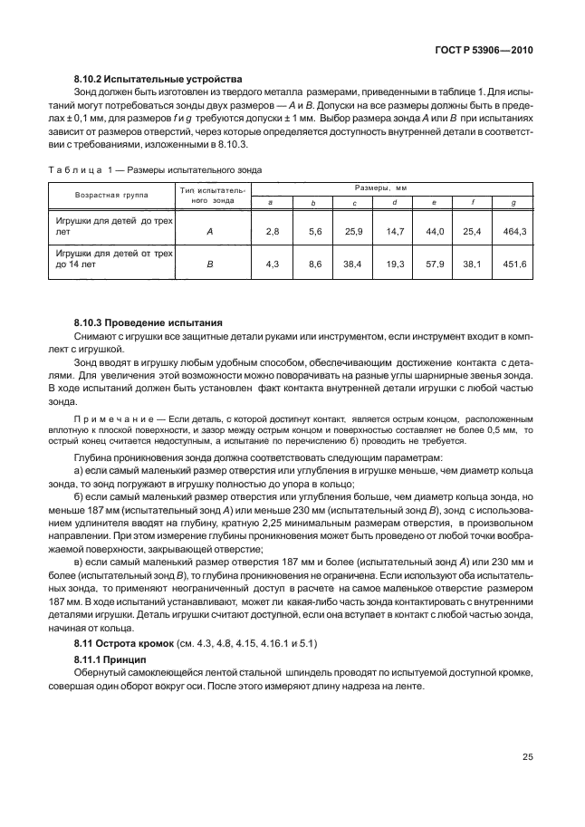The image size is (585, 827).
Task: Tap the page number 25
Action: click(527, 758)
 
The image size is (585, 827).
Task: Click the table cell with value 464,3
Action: click(513, 233)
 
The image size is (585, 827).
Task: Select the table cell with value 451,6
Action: click(513, 264)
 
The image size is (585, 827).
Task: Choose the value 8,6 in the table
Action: click(315, 264)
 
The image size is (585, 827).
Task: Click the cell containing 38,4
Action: click(353, 264)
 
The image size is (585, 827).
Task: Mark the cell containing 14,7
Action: click(395, 233)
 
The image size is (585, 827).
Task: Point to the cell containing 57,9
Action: click(435, 264)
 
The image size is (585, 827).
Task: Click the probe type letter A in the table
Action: click(210, 233)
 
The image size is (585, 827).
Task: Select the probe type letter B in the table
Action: click(210, 264)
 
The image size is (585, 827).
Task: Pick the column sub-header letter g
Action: click(513, 203)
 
